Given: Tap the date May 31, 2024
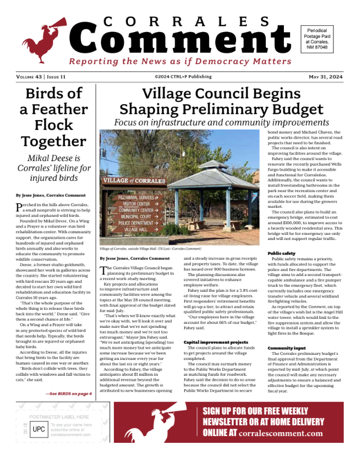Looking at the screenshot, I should (326, 77).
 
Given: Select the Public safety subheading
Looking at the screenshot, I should (281, 254).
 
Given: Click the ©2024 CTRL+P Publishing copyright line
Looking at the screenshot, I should (180, 77).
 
